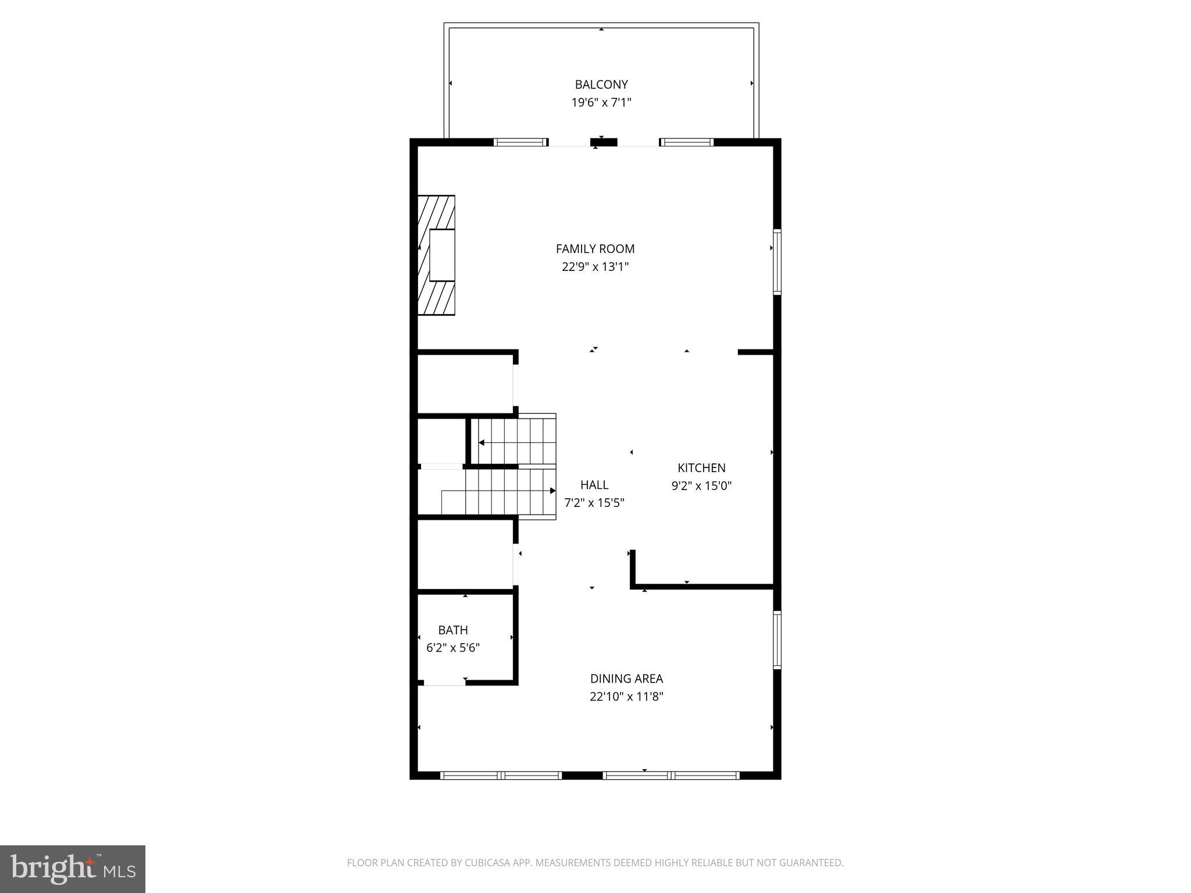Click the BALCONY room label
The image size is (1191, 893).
[x=601, y=84]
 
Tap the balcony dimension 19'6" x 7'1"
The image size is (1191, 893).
[x=601, y=103]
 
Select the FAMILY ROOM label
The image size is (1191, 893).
[x=595, y=249]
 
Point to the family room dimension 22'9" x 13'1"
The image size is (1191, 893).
[x=595, y=267]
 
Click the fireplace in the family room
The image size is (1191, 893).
[x=437, y=255]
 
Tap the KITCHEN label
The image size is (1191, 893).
[x=701, y=467]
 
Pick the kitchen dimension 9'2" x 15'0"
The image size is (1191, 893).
[x=701, y=485]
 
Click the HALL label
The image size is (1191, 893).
[x=594, y=485]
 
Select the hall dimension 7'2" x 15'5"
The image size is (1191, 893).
[x=594, y=503]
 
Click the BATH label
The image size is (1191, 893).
[x=453, y=630]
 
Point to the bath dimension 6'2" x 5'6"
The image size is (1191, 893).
[x=453, y=648]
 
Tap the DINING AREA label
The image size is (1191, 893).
[x=626, y=678]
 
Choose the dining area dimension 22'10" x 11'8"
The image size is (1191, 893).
[x=626, y=696]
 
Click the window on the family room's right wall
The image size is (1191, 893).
[x=777, y=262]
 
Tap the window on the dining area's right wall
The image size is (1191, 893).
[x=777, y=640]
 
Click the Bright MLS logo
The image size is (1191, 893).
[x=73, y=869]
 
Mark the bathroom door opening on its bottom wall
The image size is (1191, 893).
[x=444, y=683]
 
